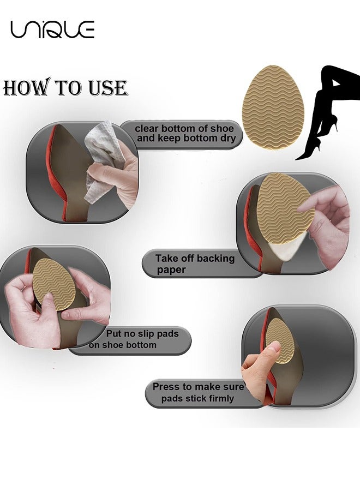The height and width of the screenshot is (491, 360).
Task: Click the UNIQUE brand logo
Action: (x=52, y=29)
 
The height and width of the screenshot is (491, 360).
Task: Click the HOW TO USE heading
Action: (x=65, y=88)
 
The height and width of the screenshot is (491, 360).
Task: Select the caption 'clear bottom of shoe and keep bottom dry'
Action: (x=184, y=134)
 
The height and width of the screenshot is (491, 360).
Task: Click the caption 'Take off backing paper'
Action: (x=195, y=264)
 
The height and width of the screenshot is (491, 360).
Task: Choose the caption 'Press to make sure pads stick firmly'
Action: (x=197, y=393)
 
